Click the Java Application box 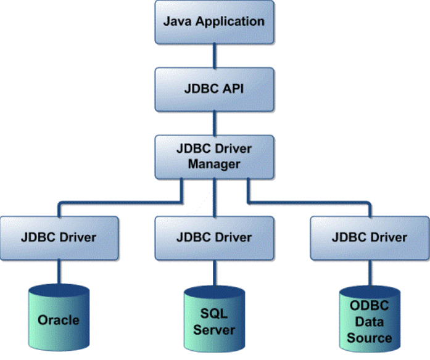pyautogui.click(x=214, y=22)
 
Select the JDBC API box pyautogui.click(x=214, y=89)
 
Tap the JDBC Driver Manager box pyautogui.click(x=214, y=157)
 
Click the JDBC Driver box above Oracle pyautogui.click(x=59, y=237)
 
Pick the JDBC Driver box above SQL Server pyautogui.click(x=214, y=237)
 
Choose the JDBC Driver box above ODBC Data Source pyautogui.click(x=369, y=237)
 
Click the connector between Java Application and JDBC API pyautogui.click(x=214, y=55)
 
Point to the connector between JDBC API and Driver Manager pyautogui.click(x=214, y=123)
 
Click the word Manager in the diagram pyautogui.click(x=214, y=165)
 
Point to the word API pyautogui.click(x=231, y=89)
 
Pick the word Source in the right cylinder pyautogui.click(x=369, y=337)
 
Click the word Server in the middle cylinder pyautogui.click(x=214, y=330)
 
